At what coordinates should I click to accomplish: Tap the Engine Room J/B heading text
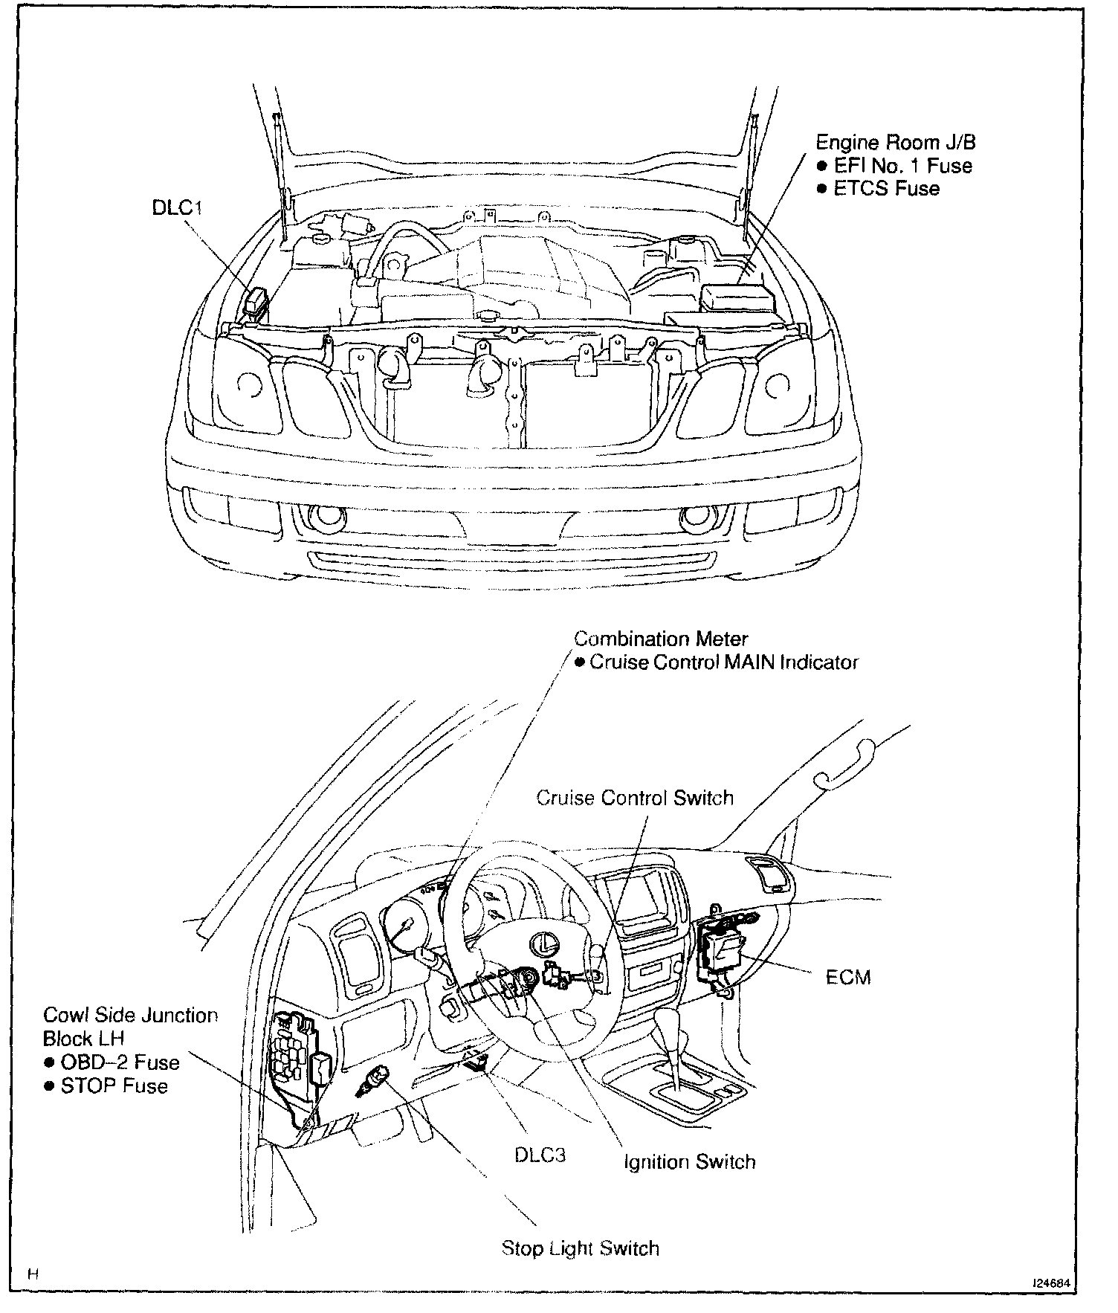[895, 142]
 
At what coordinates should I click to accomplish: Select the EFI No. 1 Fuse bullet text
[902, 165]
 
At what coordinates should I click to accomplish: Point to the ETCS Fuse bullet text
[886, 188]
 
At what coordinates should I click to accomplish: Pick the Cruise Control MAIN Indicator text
[723, 662]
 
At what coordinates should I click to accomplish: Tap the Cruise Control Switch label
[635, 797]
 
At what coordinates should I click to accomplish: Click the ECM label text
[847, 976]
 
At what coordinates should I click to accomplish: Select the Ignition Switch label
[689, 1161]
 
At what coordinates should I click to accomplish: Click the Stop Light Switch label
[580, 1247]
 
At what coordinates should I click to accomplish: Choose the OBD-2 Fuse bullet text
[120, 1061]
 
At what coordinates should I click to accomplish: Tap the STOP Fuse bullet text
[114, 1085]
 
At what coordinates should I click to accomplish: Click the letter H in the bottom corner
[33, 1274]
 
